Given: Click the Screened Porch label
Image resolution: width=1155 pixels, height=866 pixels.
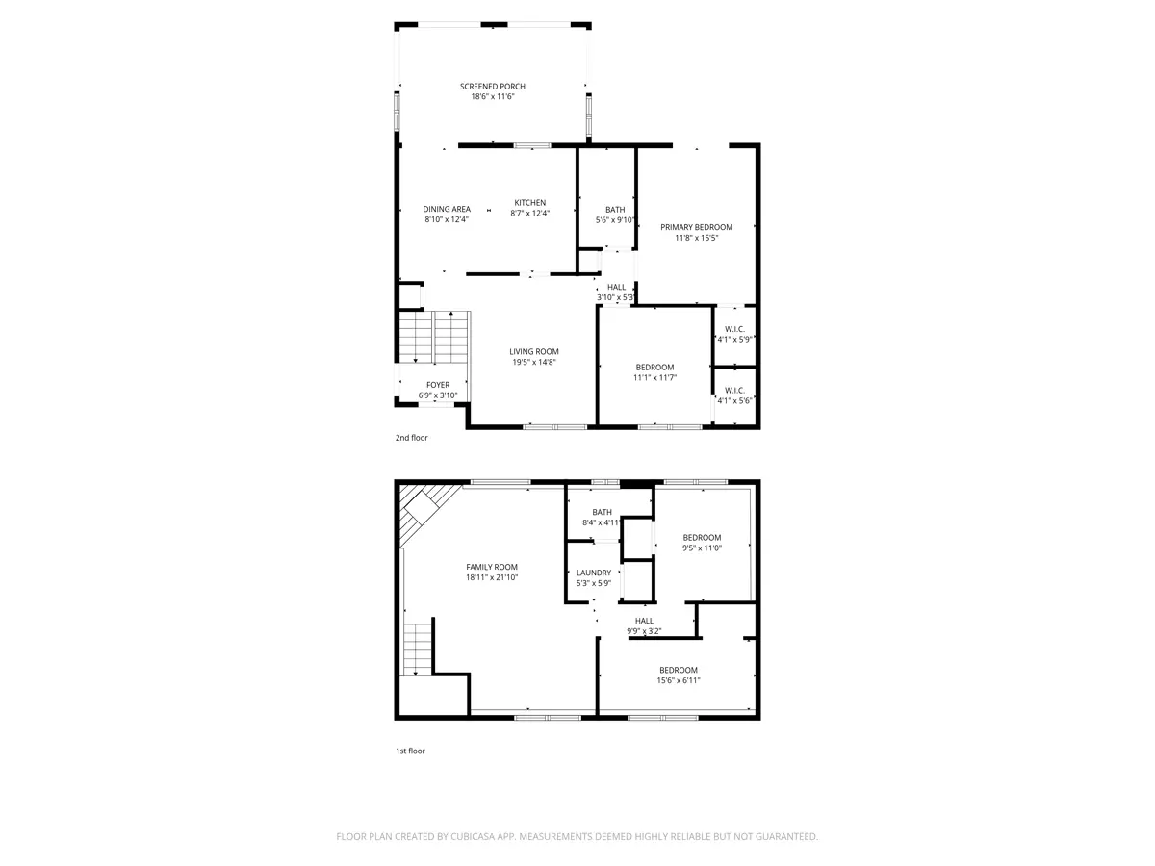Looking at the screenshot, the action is point(492,87).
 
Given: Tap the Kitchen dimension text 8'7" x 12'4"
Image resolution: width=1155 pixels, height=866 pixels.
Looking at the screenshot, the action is point(529,214).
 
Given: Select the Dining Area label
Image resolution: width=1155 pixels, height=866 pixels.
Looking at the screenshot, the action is point(447,209).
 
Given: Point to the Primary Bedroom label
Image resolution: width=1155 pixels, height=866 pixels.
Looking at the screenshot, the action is point(696,228).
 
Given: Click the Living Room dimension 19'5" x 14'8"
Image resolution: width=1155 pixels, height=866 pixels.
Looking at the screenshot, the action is point(533,363).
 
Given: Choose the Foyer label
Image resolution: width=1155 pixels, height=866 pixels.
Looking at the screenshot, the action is point(438,386).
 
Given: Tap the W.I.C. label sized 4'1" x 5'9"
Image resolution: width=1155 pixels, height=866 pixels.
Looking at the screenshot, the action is point(734,330).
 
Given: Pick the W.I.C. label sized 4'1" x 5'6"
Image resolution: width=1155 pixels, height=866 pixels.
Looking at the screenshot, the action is point(734,391).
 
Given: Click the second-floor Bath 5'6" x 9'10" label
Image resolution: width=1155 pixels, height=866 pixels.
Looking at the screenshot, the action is point(615,210).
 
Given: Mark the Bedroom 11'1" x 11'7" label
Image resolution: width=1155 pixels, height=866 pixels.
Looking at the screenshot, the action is point(654,368).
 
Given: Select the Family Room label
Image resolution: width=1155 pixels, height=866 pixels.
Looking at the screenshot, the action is point(492,568).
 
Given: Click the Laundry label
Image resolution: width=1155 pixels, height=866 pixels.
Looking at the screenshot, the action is point(594,573).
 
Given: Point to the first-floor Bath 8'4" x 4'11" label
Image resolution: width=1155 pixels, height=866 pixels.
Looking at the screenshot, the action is point(602,512).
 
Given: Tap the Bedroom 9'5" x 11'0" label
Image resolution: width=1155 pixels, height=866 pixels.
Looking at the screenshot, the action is point(702,538).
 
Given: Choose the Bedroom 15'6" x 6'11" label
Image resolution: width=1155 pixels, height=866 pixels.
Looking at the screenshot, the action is point(679,671).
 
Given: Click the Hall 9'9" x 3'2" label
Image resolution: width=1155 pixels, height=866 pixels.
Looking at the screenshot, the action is point(644,621).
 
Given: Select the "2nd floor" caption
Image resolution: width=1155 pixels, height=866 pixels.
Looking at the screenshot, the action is point(412,438).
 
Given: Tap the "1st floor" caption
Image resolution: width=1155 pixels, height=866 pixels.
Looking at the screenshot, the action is point(410,751).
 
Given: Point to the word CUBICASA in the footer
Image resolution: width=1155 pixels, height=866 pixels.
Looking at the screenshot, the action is point(473,836).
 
